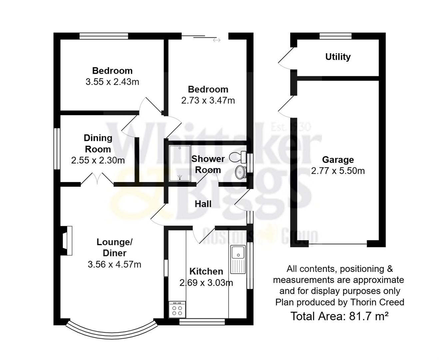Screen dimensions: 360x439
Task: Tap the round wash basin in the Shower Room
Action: [x=240, y=172]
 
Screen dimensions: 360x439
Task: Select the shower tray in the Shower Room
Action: [x=180, y=163]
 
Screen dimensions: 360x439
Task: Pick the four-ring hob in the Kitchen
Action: [x=177, y=309]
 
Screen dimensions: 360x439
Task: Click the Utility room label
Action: [x=338, y=57]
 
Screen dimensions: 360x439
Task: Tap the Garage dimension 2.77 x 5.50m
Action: [x=338, y=171]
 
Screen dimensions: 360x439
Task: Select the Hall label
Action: [x=203, y=204]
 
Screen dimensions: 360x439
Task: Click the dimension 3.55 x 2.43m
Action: [x=112, y=82]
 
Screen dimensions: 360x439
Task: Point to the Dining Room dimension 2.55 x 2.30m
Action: [x=98, y=160]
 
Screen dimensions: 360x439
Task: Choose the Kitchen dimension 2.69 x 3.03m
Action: [x=206, y=283]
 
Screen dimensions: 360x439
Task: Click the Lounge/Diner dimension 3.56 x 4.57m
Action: [x=114, y=264]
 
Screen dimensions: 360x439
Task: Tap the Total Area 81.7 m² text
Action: [x=339, y=316]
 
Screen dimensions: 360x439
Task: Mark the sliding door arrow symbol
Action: [x=217, y=40]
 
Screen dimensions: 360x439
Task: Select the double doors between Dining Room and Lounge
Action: [x=97, y=179]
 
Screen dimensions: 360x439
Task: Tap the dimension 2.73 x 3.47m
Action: [x=208, y=100]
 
